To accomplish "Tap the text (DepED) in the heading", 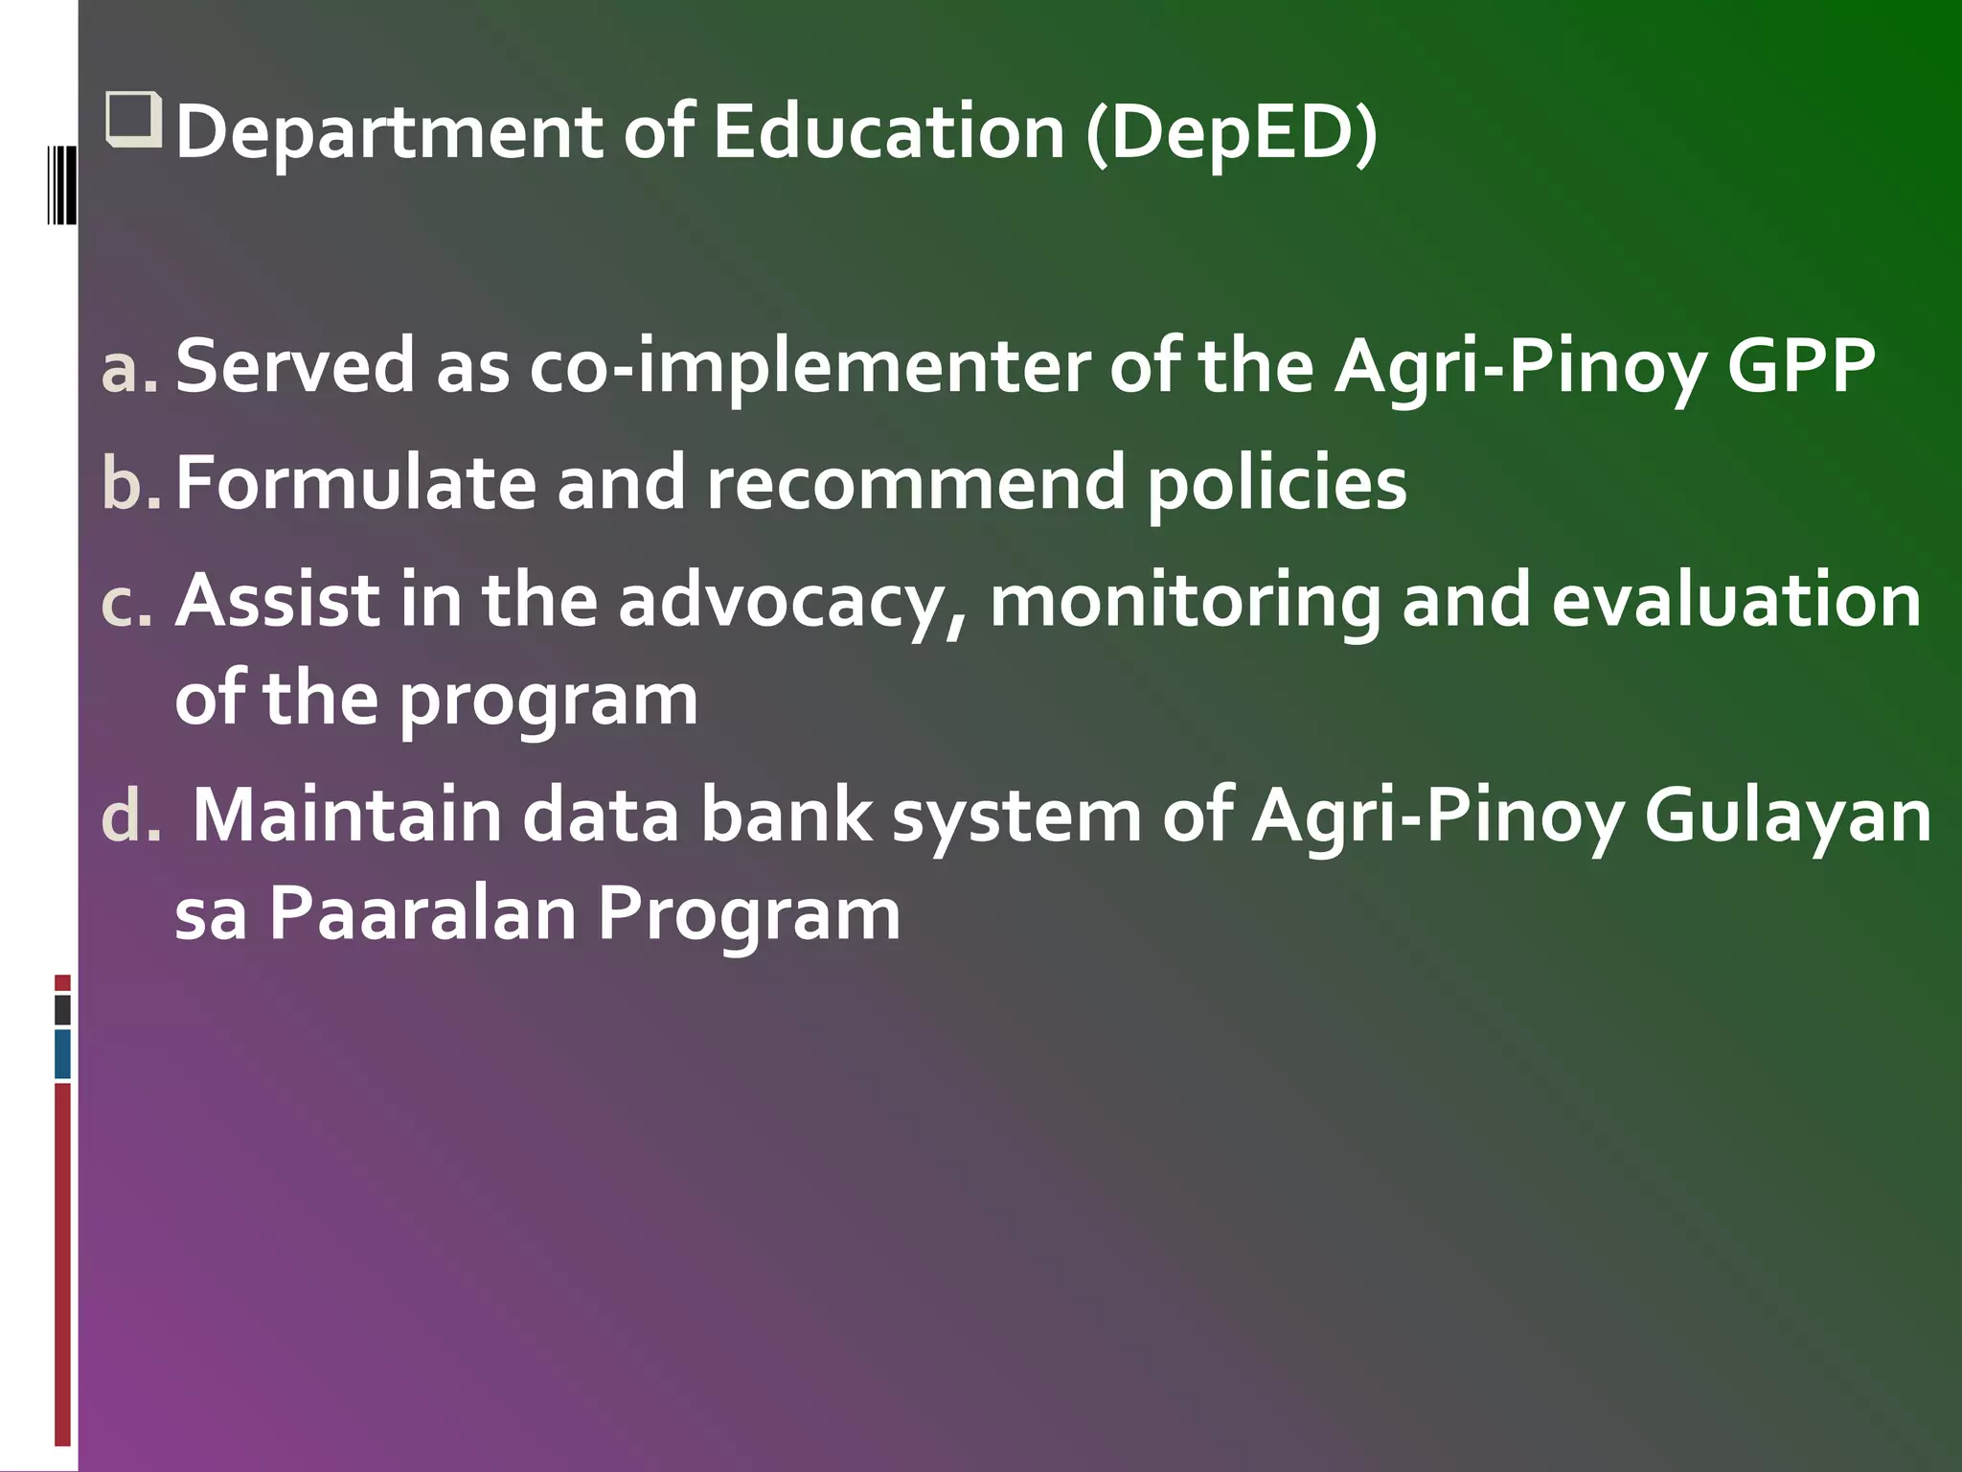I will click(x=1232, y=133).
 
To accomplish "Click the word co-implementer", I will click(x=810, y=366).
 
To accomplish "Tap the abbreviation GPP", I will click(x=1800, y=366).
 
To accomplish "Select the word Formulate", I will click(x=355, y=483).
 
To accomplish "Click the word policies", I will click(x=1276, y=485).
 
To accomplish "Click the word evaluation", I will click(x=1736, y=602).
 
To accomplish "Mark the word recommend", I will click(x=915, y=483).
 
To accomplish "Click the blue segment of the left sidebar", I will click(x=62, y=1054).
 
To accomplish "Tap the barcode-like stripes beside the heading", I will click(x=62, y=184).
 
